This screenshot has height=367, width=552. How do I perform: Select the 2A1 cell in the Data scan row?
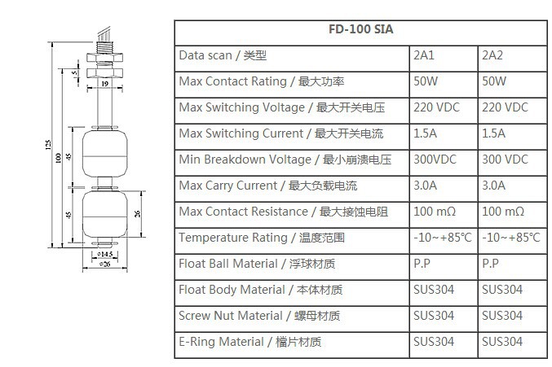coord(424,56)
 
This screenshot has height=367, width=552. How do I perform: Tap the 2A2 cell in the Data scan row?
coord(492,56)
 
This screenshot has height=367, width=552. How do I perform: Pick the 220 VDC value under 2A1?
coord(436,107)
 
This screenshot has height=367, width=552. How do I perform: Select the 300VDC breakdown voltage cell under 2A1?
coord(434,159)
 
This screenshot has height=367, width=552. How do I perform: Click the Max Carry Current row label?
coord(268,186)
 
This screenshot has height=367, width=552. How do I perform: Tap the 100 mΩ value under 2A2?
coord(503,212)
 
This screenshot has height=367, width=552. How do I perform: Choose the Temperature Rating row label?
coord(262,238)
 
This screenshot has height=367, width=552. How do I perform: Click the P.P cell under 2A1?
coord(422,264)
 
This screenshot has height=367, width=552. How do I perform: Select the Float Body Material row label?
coord(259,290)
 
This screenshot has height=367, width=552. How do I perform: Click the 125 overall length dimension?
coord(38,146)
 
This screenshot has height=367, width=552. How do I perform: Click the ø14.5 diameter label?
coord(104,254)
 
